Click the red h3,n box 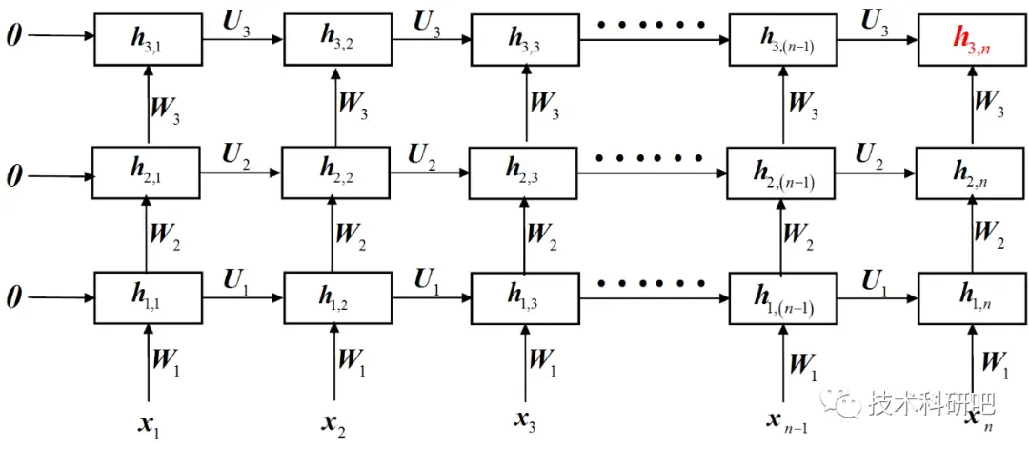pyautogui.click(x=973, y=39)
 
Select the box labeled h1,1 pyautogui.click(x=149, y=297)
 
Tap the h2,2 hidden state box pyautogui.click(x=336, y=172)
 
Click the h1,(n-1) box pyautogui.click(x=783, y=297)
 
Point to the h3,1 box pyautogui.click(x=149, y=39)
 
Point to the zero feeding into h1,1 pyautogui.click(x=13, y=297)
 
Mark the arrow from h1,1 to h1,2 pyautogui.click(x=243, y=297)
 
